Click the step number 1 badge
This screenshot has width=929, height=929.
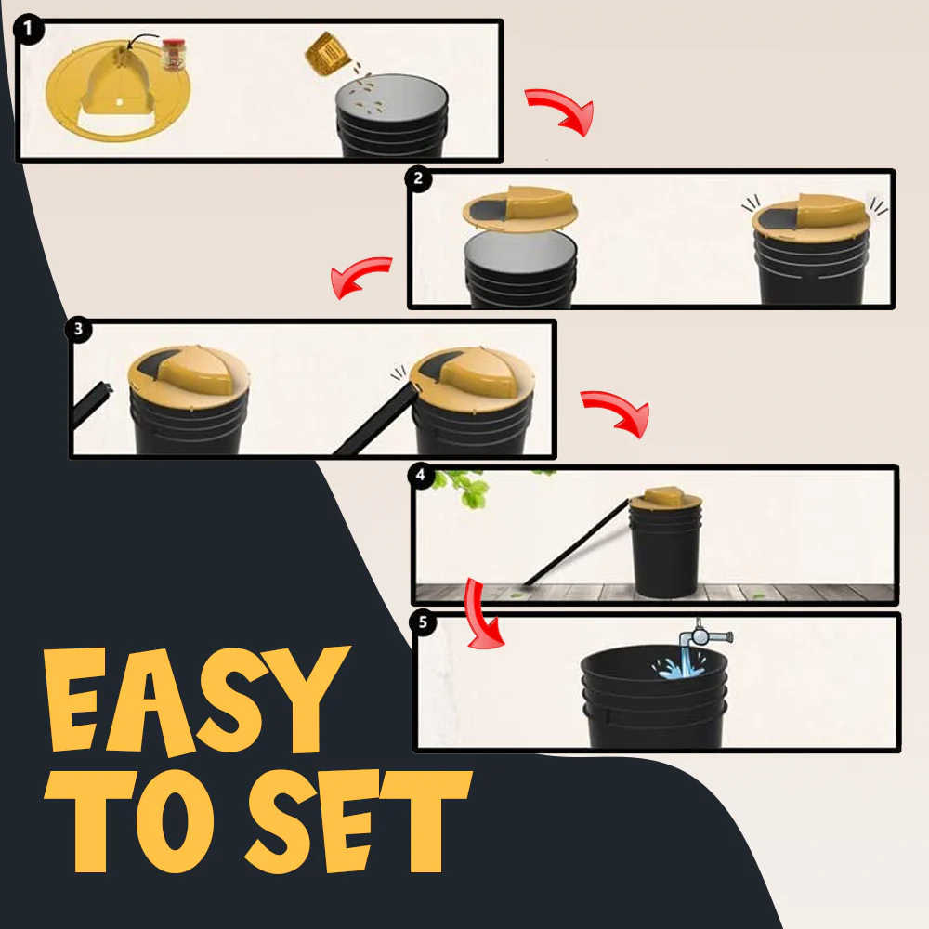(x=28, y=29)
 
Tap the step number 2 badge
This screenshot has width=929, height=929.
(x=418, y=178)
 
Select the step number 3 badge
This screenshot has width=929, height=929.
(x=78, y=329)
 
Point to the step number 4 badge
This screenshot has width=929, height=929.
(x=421, y=475)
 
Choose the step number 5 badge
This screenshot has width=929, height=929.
(x=423, y=622)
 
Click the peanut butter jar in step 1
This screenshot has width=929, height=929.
(x=174, y=55)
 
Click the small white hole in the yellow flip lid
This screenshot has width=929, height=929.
(x=120, y=102)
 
